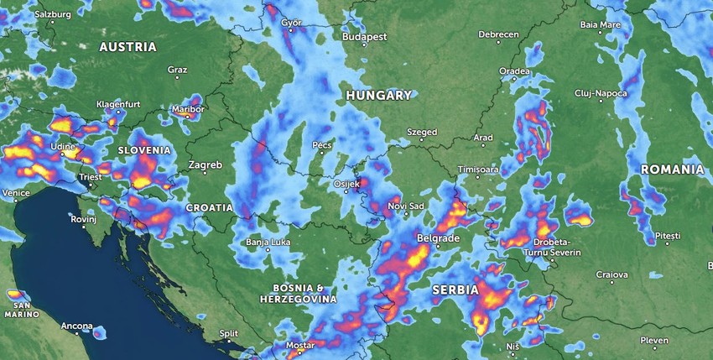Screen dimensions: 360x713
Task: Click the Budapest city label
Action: (365, 38)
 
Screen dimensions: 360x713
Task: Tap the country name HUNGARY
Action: (379, 96)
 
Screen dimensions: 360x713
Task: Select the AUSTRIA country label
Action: (128, 47)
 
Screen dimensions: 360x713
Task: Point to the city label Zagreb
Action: (205, 165)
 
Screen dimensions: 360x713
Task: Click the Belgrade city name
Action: (438, 239)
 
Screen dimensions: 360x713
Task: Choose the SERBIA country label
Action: (455, 290)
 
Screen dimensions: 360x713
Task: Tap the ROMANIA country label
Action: (672, 170)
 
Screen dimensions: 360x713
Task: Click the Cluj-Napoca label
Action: (601, 93)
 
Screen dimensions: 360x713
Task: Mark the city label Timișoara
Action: (478, 170)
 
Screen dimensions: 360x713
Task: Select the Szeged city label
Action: (422, 133)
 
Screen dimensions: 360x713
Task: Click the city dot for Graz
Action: (177, 78)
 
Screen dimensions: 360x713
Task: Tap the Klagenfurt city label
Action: (118, 104)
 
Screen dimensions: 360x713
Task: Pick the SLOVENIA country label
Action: (144, 150)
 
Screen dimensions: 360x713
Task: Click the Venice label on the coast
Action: (16, 193)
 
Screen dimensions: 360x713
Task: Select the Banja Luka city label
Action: (267, 243)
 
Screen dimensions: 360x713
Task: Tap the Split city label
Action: (228, 333)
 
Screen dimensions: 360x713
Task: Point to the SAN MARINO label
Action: (21, 309)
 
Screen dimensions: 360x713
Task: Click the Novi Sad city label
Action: (405, 206)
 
